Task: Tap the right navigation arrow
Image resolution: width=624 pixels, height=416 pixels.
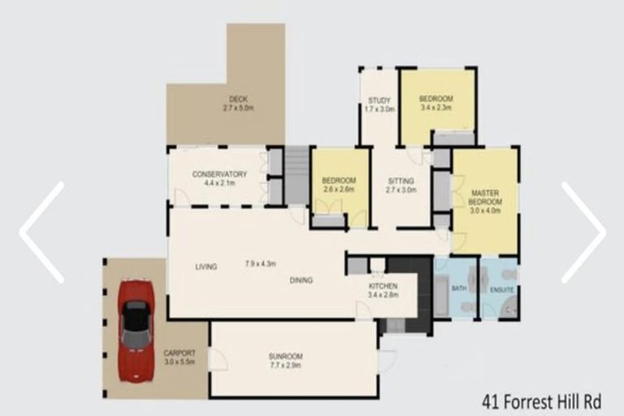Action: (583, 232)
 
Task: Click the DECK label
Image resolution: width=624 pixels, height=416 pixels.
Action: (238, 98)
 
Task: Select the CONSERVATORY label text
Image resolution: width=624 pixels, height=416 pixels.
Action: (219, 174)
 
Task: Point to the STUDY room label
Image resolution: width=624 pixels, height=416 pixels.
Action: (379, 100)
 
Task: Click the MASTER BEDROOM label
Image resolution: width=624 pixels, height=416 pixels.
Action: (486, 197)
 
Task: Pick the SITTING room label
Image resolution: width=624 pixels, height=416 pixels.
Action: (401, 180)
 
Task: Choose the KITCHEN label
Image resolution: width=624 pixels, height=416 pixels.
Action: (382, 287)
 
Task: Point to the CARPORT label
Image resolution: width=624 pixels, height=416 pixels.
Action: (180, 353)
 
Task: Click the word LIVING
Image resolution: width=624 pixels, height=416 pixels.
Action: (206, 266)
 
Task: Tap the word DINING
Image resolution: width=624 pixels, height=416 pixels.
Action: (301, 280)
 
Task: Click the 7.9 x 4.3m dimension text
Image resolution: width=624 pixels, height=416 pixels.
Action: (261, 264)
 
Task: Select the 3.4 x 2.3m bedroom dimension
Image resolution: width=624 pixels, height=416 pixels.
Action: (436, 107)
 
